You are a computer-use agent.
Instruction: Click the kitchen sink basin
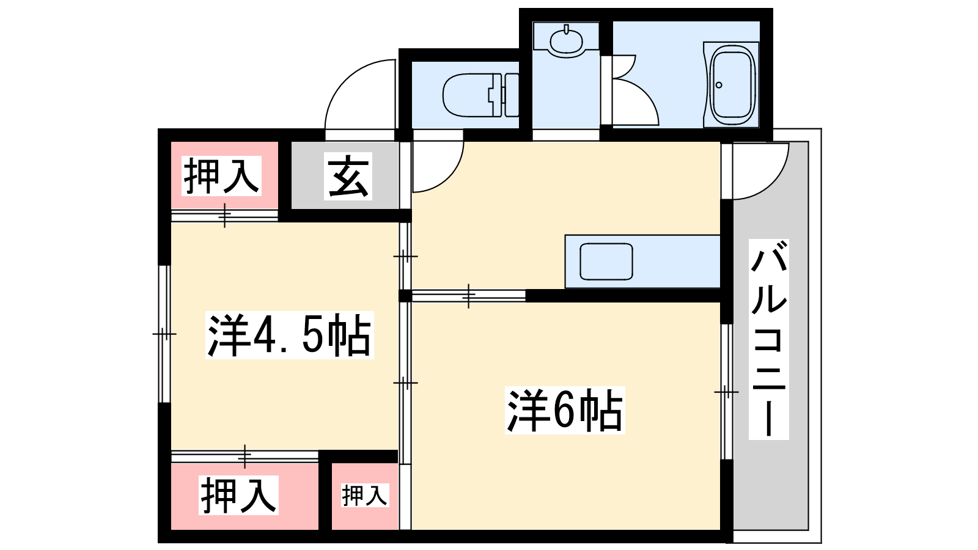606,262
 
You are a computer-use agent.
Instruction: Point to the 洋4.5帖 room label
290,335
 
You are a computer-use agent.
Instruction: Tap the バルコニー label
769,339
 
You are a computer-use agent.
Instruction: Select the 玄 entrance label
348,176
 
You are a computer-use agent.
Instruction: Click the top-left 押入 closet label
222,176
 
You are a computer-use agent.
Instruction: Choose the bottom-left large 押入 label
239,495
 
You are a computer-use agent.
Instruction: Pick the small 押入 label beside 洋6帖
365,495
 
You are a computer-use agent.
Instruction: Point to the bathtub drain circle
719,85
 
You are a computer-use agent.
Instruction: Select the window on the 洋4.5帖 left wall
164,334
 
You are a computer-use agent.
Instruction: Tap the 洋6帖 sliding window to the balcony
726,391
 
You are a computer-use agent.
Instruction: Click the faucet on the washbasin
567,29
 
